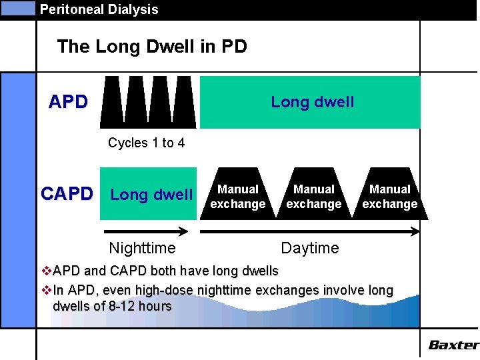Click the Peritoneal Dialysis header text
pyautogui.click(x=99, y=9)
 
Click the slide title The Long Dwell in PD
pyautogui.click(x=152, y=47)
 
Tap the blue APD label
pyautogui.click(x=68, y=102)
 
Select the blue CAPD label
pyautogui.click(x=67, y=194)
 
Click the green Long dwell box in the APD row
pyautogui.click(x=311, y=102)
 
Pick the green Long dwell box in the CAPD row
pyautogui.click(x=149, y=194)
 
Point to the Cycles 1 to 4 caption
pyautogui.click(x=146, y=143)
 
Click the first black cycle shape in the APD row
pyautogui.click(x=112, y=101)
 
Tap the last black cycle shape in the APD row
pyautogui.click(x=184, y=101)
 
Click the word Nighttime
pyautogui.click(x=142, y=249)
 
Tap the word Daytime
pyautogui.click(x=309, y=249)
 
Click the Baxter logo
pyautogui.click(x=453, y=345)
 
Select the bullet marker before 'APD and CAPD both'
pyautogui.click(x=46, y=271)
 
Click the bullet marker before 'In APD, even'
pyautogui.click(x=46, y=291)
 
